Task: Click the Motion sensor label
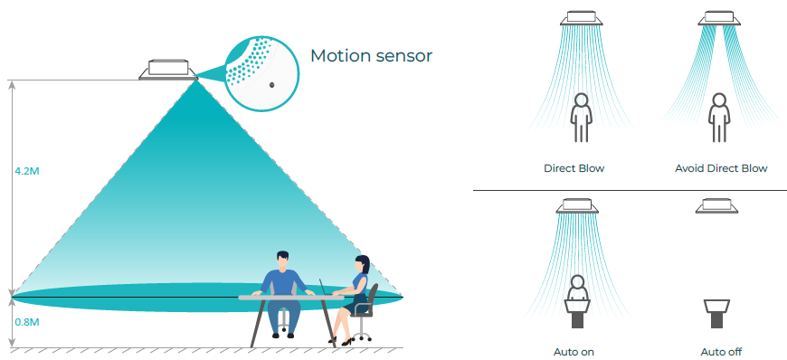(371, 56)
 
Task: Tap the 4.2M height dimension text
(27, 171)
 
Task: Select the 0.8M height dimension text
(27, 322)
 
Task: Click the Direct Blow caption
(574, 168)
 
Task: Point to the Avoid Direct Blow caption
(721, 168)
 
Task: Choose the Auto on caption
(574, 352)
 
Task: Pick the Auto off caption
(721, 352)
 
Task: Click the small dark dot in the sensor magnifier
(272, 85)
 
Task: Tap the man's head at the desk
(282, 260)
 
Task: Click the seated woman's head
(363, 264)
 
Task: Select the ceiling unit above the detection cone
(168, 71)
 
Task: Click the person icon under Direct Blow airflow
(582, 117)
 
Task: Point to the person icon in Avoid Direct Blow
(719, 117)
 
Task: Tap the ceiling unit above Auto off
(716, 205)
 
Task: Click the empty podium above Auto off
(716, 314)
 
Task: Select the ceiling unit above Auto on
(577, 205)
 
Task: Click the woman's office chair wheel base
(361, 335)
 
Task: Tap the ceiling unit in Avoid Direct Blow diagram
(719, 18)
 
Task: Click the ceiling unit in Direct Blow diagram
(582, 18)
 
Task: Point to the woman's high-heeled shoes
(340, 341)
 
